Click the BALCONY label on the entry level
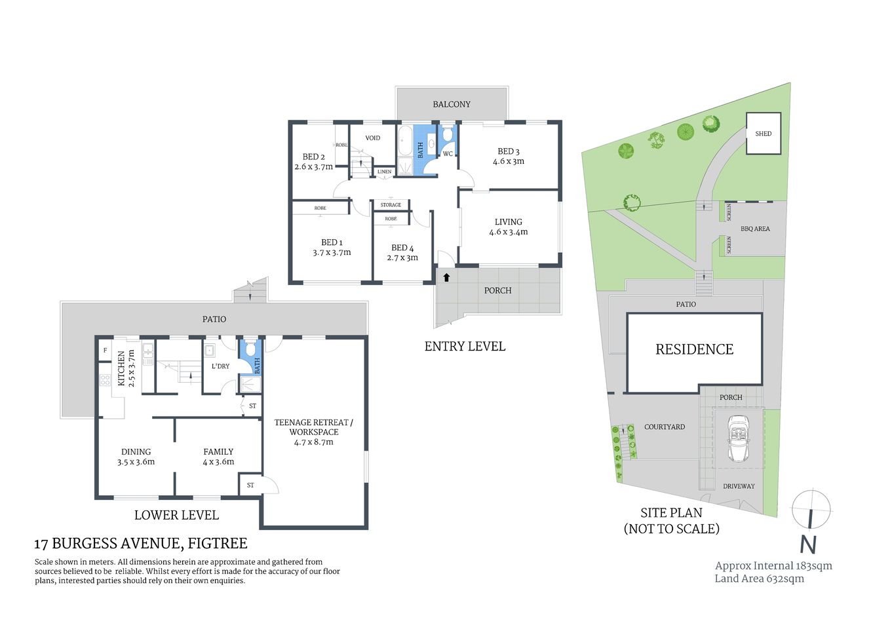451,104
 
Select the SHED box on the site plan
764,134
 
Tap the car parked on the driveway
739,438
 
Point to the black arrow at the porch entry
446,277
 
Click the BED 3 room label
509,156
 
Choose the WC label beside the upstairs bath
448,154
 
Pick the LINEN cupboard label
385,172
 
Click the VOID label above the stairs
372,138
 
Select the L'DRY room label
220,366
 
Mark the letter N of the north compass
808,545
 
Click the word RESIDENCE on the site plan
694,349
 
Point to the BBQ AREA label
755,229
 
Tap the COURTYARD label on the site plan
664,427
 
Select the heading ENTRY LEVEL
465,347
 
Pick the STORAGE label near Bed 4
391,205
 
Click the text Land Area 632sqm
759,579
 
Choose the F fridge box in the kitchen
105,350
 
